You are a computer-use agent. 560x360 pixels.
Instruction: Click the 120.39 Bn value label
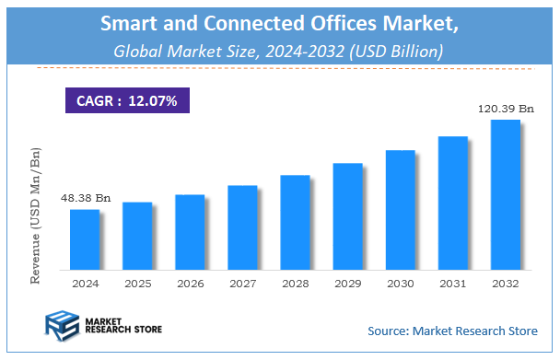[506, 109]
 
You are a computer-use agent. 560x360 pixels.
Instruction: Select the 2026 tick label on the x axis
[190, 284]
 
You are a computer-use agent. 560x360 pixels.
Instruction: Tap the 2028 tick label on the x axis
[295, 284]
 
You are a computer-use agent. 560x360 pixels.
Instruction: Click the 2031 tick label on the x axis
[452, 284]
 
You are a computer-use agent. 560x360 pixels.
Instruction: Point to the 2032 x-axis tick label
[505, 284]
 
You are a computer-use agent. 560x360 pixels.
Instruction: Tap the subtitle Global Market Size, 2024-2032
[278, 52]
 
